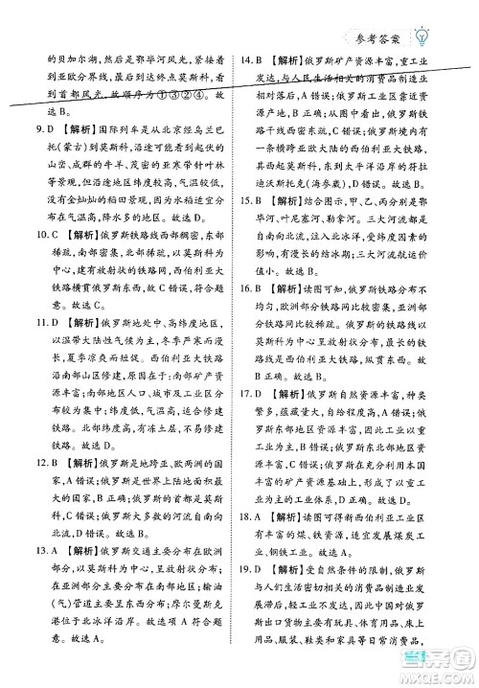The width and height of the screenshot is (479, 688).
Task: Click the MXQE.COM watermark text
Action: click(437, 676)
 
